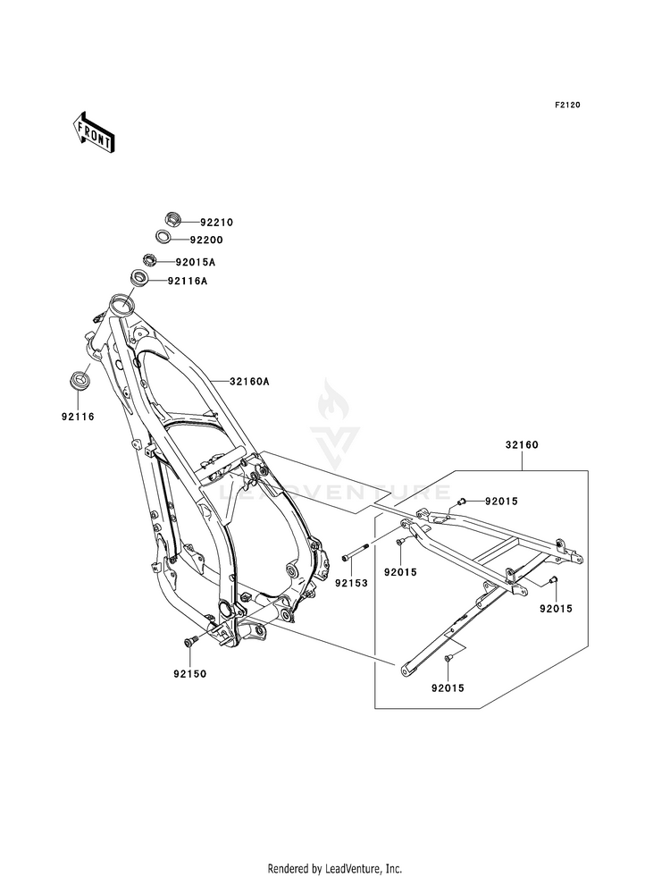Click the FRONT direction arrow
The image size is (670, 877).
pos(93,132)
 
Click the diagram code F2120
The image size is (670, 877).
pos(567,105)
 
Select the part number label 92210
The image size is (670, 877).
pos(201,223)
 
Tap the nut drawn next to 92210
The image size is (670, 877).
pos(173,218)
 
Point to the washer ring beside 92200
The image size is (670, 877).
pos(163,237)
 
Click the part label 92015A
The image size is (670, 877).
pos(196,262)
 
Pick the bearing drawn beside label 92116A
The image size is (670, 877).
pos(138,276)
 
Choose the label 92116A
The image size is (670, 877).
pos(188,282)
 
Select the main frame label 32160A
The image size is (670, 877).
pos(250,382)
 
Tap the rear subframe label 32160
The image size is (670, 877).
pos(522,445)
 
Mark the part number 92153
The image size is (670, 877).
pos(351,584)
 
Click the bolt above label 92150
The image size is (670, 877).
pos(189,642)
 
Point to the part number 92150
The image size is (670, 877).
pos(189,675)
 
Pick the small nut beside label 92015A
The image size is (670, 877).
pos(149,259)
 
